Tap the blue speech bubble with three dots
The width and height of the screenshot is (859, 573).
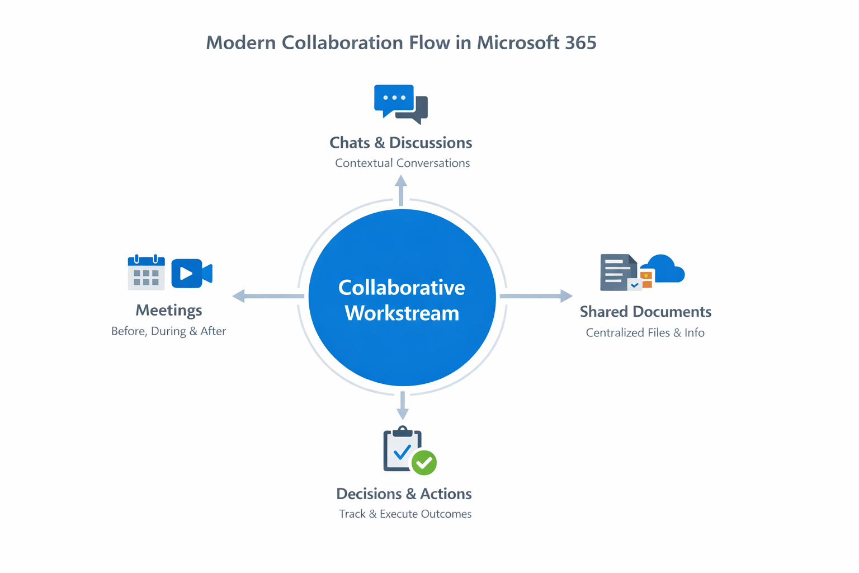[x=394, y=99]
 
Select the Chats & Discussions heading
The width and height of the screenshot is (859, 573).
[x=400, y=143]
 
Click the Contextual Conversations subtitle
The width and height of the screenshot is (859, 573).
[x=402, y=163]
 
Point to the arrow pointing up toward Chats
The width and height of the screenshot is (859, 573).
[x=401, y=190]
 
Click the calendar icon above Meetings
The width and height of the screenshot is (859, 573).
[x=146, y=273]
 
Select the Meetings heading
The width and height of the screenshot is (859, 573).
[x=168, y=310]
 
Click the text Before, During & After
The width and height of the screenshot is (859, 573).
[x=168, y=331]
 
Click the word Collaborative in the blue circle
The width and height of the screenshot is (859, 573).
[x=402, y=288]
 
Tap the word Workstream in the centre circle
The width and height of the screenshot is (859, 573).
[x=402, y=313]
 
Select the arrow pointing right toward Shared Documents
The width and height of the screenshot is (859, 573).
[x=536, y=295]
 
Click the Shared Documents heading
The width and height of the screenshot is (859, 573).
[x=645, y=312]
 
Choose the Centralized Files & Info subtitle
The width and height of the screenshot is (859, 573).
[x=645, y=333]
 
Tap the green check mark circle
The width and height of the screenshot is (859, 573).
[x=424, y=463]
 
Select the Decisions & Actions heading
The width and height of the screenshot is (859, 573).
[x=404, y=494]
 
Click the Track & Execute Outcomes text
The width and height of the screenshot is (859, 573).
[x=405, y=514]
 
